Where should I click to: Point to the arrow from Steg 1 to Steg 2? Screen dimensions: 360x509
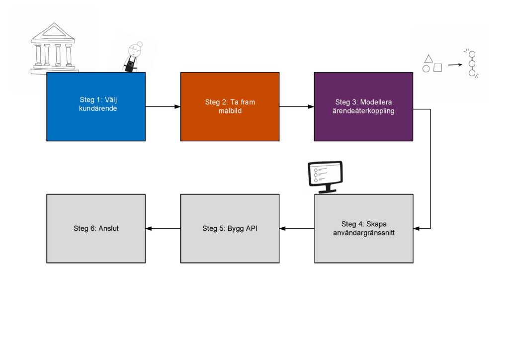(x=163, y=106)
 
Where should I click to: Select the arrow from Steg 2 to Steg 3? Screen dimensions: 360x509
(x=297, y=106)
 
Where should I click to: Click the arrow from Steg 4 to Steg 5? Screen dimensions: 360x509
(x=297, y=228)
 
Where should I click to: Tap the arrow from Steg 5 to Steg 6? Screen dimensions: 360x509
(x=163, y=228)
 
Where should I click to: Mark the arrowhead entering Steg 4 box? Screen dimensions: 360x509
(x=417, y=228)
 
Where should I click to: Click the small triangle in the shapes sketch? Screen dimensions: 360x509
(x=428, y=58)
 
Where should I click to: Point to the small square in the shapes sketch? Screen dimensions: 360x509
(x=437, y=68)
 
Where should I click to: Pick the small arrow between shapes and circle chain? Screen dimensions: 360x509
(x=454, y=64)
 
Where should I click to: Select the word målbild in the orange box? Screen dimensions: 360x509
(x=230, y=111)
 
